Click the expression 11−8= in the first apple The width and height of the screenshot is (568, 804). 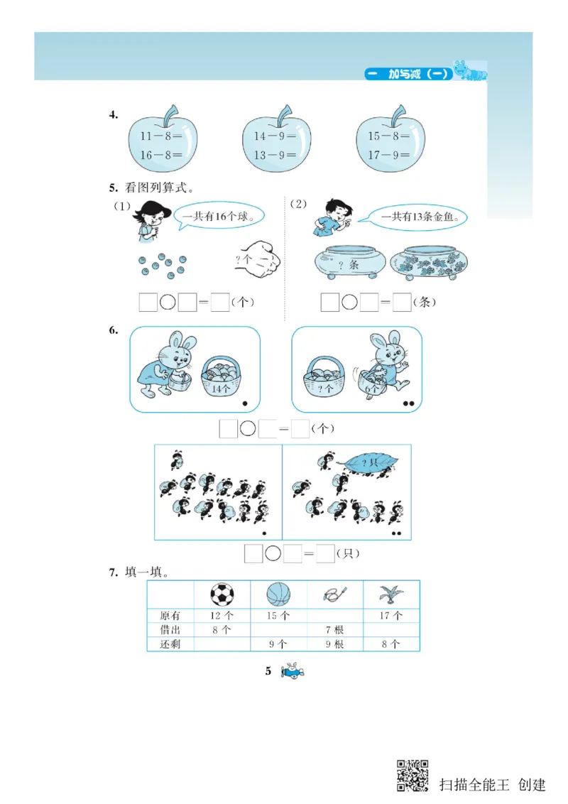coord(161,135)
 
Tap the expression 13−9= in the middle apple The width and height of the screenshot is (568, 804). coord(275,155)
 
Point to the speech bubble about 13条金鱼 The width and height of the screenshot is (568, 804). coord(418,217)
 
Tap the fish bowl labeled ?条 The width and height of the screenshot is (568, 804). coord(347,264)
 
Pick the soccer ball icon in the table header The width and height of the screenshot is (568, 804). coord(222,594)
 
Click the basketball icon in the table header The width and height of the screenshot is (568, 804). coord(278,594)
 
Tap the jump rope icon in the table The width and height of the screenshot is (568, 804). coord(334,593)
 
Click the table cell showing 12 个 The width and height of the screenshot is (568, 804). coord(222,616)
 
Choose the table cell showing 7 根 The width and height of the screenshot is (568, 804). coord(334,630)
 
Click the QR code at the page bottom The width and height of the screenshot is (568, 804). coord(413,776)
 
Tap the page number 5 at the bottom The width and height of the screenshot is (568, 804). coord(268,670)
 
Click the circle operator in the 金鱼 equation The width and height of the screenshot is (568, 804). coord(349,303)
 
